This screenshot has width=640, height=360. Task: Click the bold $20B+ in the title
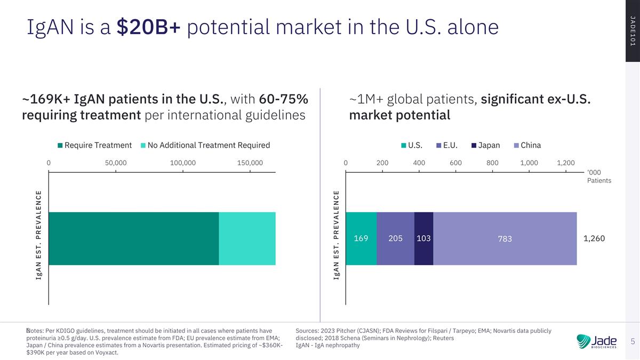click(149, 27)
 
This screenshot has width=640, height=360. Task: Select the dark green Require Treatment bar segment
click(134, 238)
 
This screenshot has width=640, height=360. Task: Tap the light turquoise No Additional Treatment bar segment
click(247, 238)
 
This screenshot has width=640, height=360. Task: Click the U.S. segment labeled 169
click(361, 238)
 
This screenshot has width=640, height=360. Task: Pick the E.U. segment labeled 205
click(395, 238)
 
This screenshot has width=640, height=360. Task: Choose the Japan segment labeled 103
click(423, 238)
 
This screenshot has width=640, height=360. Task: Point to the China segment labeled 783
click(505, 238)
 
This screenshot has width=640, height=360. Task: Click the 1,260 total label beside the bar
click(594, 238)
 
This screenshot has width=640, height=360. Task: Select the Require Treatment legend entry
click(94, 145)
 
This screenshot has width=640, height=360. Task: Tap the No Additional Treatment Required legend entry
click(205, 145)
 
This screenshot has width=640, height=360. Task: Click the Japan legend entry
click(486, 145)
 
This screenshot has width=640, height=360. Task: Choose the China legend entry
click(527, 145)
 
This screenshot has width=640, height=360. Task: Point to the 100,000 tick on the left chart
click(183, 163)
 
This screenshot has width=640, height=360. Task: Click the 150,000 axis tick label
click(250, 163)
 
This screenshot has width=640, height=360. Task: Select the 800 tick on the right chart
click(492, 163)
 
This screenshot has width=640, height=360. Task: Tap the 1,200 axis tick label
click(566, 163)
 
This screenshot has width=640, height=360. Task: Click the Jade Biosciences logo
click(597, 341)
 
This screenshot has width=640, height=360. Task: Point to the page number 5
click(633, 341)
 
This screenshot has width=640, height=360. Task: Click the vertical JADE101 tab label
click(633, 31)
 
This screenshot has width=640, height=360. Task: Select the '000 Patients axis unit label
click(599, 177)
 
